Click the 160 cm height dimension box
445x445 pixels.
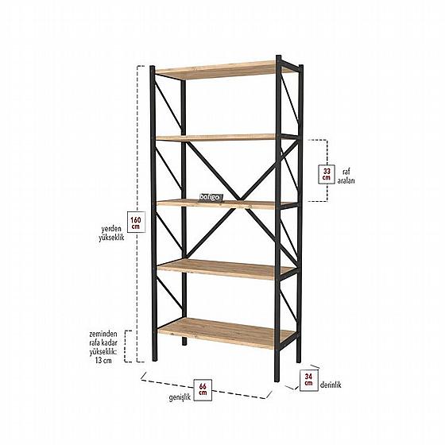pyautogui.click(x=136, y=222)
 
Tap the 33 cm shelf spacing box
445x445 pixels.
pyautogui.click(x=327, y=174)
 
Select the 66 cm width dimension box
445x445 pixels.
pyautogui.click(x=203, y=389)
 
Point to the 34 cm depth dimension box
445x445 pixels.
pyautogui.click(x=308, y=380)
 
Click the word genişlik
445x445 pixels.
pyautogui.click(x=180, y=397)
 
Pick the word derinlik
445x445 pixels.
pyautogui.click(x=331, y=385)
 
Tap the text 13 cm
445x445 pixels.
pyautogui.click(x=103, y=361)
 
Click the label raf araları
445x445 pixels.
pyautogui.click(x=346, y=176)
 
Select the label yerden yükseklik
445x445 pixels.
pyautogui.click(x=111, y=233)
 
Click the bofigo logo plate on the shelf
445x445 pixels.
pyautogui.click(x=211, y=198)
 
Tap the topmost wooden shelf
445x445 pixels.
pyautogui.click(x=224, y=70)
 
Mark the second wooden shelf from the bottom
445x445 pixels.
pyautogui.click(x=226, y=269)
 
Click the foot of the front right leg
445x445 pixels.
pyautogui.click(x=277, y=379)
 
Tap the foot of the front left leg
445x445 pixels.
pyautogui.click(x=155, y=358)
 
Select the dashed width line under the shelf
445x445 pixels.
pyautogui.click(x=207, y=388)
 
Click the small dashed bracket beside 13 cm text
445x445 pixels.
pyautogui.click(x=127, y=346)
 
